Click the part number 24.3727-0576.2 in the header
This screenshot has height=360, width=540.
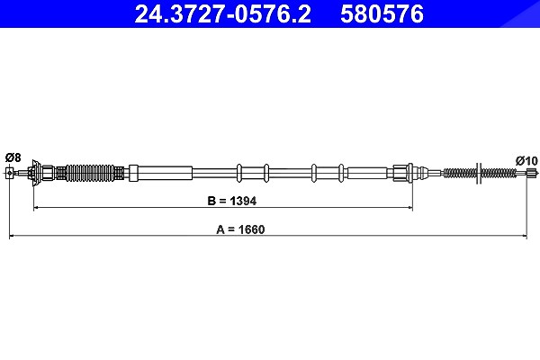pyautogui.click(x=222, y=13)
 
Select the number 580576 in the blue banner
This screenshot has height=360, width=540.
pyautogui.click(x=382, y=13)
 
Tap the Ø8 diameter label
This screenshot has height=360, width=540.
pyautogui.click(x=13, y=157)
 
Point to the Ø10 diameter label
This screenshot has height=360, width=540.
pyautogui.click(x=526, y=160)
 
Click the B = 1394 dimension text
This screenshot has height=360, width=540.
pyautogui.click(x=232, y=201)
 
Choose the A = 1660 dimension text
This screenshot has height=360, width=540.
pyautogui.click(x=240, y=229)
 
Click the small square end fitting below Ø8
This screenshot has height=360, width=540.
pyautogui.click(x=10, y=173)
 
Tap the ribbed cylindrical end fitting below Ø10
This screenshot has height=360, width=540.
pyautogui.click(x=533, y=174)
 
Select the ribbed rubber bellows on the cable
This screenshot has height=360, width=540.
pyautogui.click(x=90, y=173)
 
